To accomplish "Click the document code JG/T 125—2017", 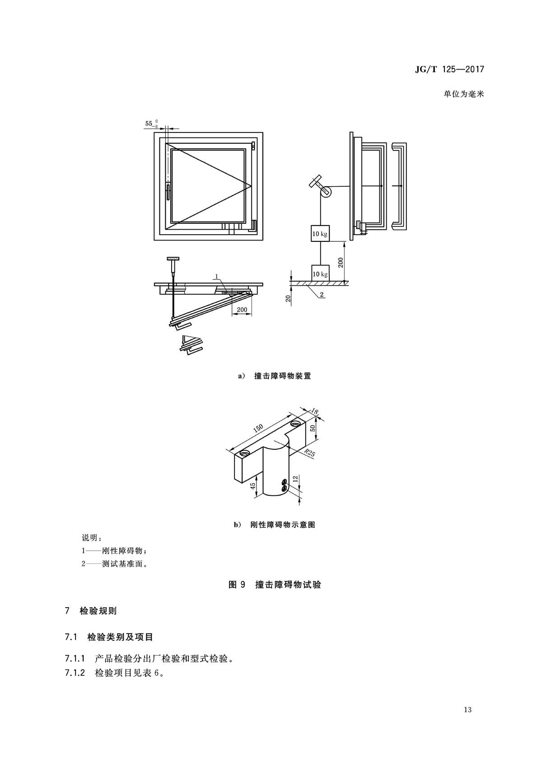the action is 449,69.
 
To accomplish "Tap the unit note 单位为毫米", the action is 463,94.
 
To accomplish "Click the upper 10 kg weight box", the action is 320,234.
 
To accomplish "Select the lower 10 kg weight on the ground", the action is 320,274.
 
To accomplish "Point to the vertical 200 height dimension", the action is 340,263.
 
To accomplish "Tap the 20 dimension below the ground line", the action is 288,298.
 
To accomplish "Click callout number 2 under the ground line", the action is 322,294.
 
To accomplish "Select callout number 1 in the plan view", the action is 216,276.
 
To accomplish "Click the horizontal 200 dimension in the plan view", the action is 242,310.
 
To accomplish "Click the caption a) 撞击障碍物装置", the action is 275,376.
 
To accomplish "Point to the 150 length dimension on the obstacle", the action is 258,428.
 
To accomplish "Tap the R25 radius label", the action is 309,453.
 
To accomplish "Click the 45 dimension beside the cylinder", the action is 253,486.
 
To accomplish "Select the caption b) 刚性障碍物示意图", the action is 275,525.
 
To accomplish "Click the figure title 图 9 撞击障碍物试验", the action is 275,585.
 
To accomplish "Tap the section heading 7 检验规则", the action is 91,611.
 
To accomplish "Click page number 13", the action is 467,709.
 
